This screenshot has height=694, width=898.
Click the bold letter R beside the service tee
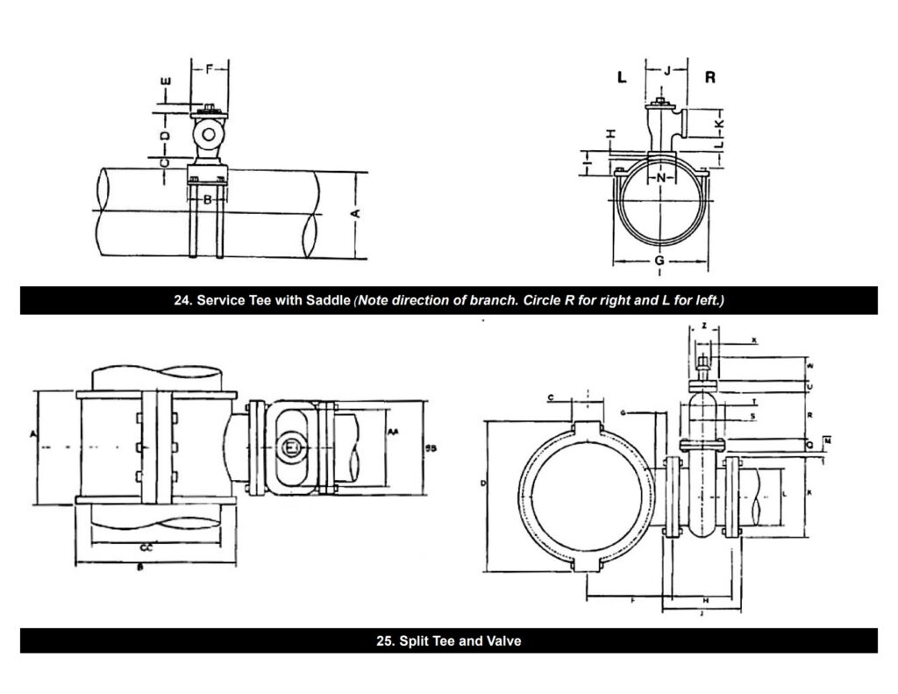(710, 77)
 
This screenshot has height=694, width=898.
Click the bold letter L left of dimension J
(622, 77)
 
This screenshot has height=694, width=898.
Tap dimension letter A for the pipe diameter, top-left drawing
(354, 214)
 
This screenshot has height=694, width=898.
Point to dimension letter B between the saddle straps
(208, 200)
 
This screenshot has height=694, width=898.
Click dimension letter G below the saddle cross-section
(659, 261)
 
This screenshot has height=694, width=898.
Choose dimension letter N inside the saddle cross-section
(661, 177)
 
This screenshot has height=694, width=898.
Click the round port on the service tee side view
(209, 134)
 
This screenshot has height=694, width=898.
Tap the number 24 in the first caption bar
(182, 301)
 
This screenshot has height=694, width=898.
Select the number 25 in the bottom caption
(383, 641)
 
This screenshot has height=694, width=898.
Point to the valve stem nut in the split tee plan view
(290, 449)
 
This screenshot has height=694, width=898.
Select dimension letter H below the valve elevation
(706, 598)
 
